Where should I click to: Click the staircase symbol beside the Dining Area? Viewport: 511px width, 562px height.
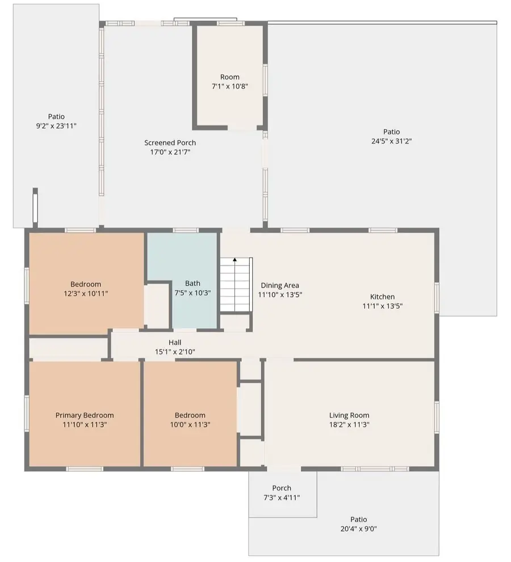(x=234, y=285)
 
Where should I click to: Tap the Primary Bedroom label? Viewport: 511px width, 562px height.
(x=85, y=415)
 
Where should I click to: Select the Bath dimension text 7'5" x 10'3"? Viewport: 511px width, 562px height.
(x=192, y=293)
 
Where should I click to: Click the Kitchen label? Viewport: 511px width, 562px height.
(x=382, y=297)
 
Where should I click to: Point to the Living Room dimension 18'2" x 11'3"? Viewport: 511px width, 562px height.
(x=349, y=424)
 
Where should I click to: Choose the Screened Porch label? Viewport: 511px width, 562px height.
(x=170, y=142)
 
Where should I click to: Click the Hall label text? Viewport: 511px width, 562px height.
(x=174, y=343)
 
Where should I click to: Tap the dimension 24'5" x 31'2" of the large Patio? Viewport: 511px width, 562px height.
(x=391, y=141)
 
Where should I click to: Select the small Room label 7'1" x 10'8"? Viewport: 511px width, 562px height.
(x=230, y=86)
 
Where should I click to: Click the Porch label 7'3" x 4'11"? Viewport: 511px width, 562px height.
(x=282, y=497)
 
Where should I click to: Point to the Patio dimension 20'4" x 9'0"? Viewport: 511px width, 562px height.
(x=358, y=529)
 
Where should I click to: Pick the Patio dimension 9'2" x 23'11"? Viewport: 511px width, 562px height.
(x=56, y=126)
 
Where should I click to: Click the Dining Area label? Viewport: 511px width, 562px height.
(x=280, y=285)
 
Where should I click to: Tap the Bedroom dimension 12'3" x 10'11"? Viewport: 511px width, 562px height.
(x=86, y=294)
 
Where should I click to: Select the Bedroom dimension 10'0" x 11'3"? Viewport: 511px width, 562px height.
(x=190, y=424)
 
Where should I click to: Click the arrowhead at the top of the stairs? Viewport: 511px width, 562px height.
(x=234, y=260)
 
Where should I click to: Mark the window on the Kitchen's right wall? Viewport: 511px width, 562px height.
(x=437, y=297)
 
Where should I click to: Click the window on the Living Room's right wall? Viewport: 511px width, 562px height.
(x=437, y=417)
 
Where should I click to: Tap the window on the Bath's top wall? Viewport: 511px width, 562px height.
(x=185, y=230)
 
